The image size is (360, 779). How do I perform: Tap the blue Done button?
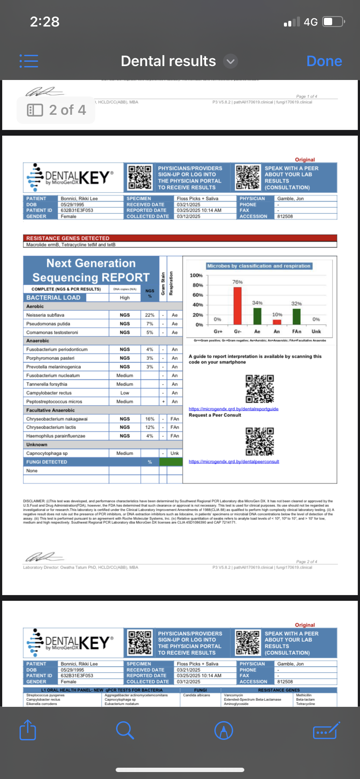[x=324, y=61]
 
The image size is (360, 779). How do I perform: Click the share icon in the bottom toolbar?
[x=28, y=730]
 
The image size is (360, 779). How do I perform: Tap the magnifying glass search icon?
[x=125, y=730]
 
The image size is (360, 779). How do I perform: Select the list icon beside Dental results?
[x=29, y=61]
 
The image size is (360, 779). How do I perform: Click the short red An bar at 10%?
[x=277, y=322]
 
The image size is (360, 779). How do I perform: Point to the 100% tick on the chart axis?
[x=196, y=276]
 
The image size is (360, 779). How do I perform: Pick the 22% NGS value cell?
[x=150, y=315]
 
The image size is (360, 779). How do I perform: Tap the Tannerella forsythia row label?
[x=47, y=384]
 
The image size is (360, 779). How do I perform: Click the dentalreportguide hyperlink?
[x=233, y=409]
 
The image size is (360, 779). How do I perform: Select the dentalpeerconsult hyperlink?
[x=234, y=462]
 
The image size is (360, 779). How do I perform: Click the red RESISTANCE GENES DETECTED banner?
[x=180, y=238]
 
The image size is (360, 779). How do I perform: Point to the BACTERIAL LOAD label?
[x=53, y=298]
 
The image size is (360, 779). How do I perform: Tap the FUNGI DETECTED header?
[x=47, y=462]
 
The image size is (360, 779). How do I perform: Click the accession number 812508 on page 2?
[x=285, y=216]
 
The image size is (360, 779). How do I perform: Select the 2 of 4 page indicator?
[x=57, y=110]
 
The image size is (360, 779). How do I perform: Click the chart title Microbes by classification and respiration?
[x=259, y=266]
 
